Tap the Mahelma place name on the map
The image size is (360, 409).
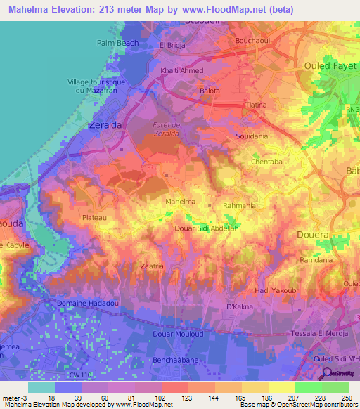coord(179,202)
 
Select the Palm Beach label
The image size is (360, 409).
coord(117,43)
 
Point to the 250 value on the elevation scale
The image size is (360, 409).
coord(344,398)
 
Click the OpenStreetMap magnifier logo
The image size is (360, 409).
coord(326,373)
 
